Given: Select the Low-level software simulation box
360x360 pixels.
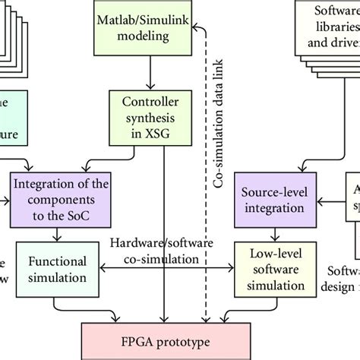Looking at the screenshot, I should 272,269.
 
